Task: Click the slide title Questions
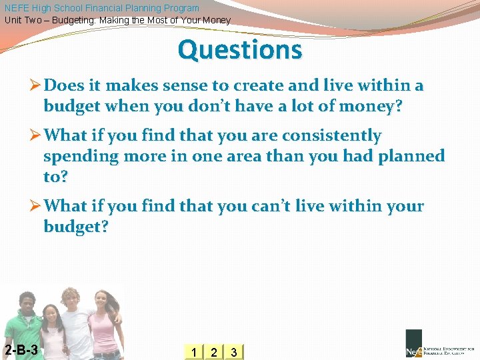tap(240, 50)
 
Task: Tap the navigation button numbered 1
tap(193, 352)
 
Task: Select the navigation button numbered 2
tap(213, 352)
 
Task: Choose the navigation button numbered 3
tap(233, 352)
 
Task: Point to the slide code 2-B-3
tap(21, 351)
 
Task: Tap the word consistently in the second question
tap(331, 136)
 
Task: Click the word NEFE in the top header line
tap(17, 8)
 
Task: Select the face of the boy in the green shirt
tap(27, 304)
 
